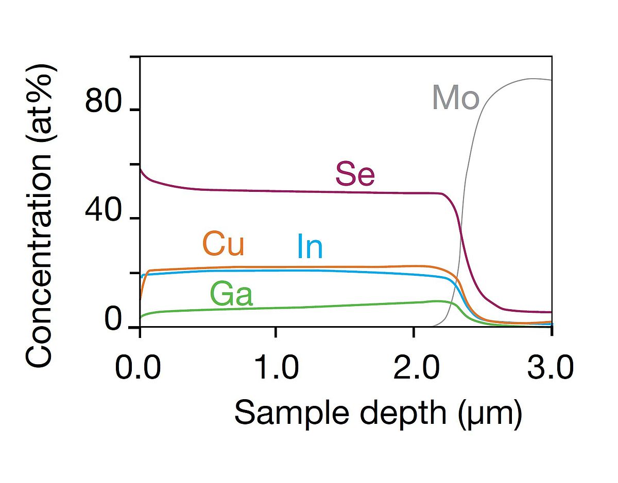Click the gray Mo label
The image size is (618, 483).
[x=455, y=98]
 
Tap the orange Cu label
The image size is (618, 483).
[x=223, y=244]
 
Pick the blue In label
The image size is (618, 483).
[x=310, y=247]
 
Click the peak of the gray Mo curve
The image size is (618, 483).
[x=530, y=79]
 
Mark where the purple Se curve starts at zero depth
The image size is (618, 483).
[x=141, y=168]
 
